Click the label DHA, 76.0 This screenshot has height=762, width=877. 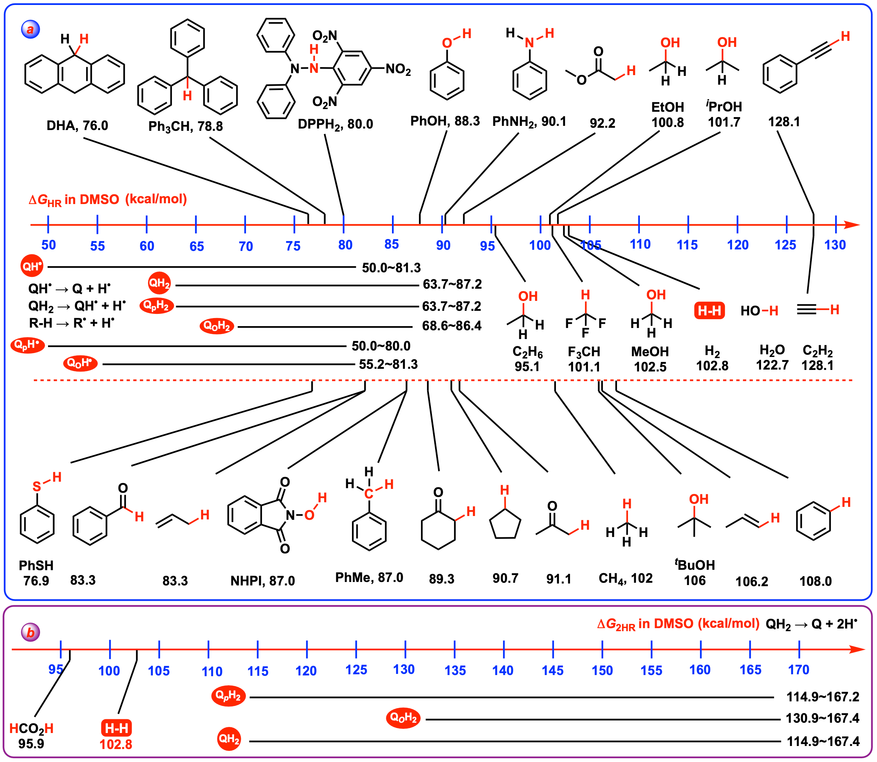point(77,125)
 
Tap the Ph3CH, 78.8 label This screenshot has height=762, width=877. point(185,126)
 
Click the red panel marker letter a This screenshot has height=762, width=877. point(30,29)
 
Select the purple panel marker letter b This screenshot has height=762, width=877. point(31,632)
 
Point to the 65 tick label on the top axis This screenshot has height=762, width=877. point(196,246)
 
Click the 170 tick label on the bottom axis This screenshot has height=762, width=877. point(798,670)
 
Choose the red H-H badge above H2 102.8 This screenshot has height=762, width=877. point(709,311)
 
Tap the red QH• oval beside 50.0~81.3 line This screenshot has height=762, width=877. point(32,266)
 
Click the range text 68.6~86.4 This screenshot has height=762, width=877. point(451,326)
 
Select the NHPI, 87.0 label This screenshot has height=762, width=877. point(262,580)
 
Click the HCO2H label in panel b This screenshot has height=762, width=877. point(32,728)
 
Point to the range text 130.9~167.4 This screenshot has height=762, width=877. point(822,718)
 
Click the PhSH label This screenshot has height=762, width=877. point(36,566)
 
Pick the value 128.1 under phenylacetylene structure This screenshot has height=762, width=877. point(784,122)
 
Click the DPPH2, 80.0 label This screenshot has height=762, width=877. point(335,124)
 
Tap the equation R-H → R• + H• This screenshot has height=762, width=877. point(71,323)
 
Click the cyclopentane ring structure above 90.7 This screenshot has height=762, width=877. point(505,524)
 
